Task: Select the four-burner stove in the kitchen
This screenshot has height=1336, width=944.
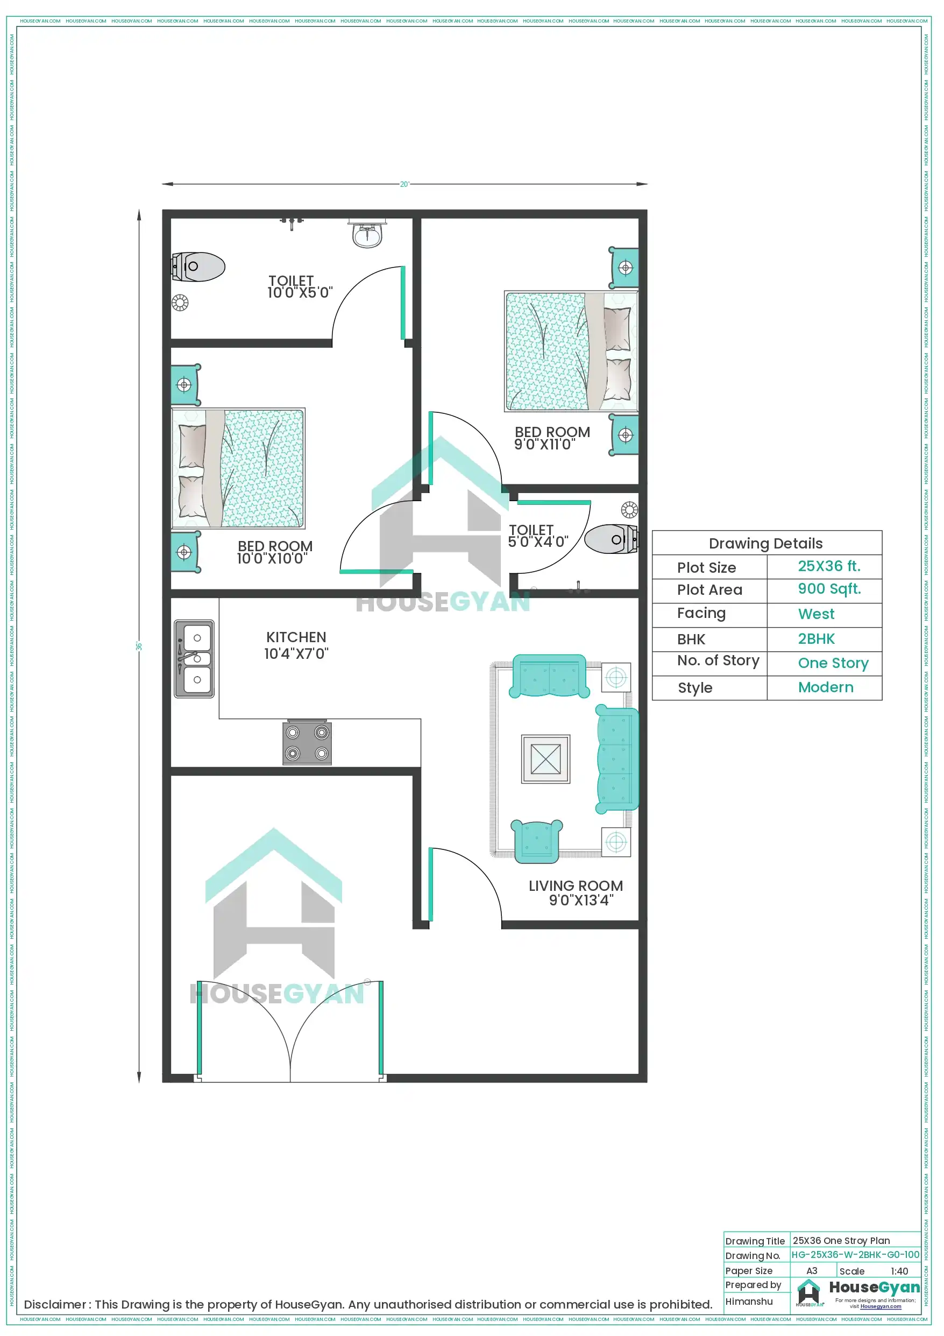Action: coord(307,742)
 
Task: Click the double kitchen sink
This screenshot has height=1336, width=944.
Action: coord(194,658)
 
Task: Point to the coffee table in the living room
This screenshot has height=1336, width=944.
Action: coord(545,759)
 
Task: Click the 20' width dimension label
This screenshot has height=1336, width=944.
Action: coord(404,185)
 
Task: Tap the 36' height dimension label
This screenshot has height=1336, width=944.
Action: coord(139,646)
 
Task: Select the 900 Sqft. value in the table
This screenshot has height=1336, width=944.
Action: coord(829,589)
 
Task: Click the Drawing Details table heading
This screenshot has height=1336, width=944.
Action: coord(765,544)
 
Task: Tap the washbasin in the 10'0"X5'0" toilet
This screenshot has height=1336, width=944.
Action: coord(367,235)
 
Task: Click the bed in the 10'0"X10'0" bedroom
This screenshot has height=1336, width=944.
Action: coord(238,468)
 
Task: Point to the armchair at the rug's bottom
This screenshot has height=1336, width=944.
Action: coord(536,840)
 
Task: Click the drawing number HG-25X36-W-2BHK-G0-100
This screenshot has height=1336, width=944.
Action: coord(855,1255)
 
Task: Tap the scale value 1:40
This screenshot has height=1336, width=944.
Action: coord(899,1271)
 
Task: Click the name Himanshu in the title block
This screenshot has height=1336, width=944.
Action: coord(749,1301)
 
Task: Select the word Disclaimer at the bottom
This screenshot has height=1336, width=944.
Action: coord(55,1304)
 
